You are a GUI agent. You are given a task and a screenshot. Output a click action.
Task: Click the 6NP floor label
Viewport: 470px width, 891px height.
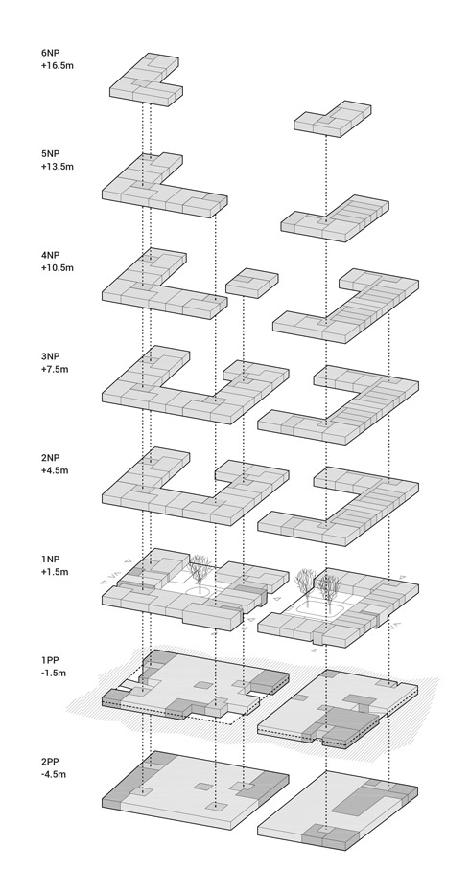click(x=50, y=53)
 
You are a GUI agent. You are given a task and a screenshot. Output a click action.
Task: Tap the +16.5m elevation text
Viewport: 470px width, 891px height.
click(x=57, y=65)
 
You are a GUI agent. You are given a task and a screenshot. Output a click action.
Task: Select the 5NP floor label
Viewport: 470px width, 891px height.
click(x=50, y=154)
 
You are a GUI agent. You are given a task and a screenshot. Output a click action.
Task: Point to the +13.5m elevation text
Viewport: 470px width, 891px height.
click(x=57, y=167)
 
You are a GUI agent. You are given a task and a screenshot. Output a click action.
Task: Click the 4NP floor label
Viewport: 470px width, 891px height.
click(x=50, y=255)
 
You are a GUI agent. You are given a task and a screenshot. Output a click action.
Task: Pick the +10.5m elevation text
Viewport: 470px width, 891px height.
click(x=57, y=267)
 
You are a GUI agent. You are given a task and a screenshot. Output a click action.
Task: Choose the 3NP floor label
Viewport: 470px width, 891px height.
click(x=50, y=356)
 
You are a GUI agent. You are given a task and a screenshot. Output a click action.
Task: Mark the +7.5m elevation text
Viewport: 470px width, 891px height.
click(x=55, y=369)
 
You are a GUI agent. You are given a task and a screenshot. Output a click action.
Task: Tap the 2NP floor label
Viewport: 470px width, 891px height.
click(x=50, y=458)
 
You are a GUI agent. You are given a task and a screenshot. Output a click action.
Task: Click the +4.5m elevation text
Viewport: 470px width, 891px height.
click(x=55, y=470)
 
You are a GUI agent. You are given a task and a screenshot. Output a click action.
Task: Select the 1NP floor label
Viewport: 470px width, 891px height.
click(x=50, y=560)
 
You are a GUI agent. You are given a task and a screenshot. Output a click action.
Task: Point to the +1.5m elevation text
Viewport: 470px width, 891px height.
click(x=55, y=572)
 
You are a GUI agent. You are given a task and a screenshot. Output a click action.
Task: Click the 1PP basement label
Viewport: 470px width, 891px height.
click(x=49, y=660)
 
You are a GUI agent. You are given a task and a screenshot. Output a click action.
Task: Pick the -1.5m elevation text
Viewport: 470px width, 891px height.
click(x=54, y=673)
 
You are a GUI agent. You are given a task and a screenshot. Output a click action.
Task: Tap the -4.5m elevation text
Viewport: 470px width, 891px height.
click(x=54, y=774)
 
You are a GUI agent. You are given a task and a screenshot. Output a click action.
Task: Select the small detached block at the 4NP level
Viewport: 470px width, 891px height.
click(x=252, y=283)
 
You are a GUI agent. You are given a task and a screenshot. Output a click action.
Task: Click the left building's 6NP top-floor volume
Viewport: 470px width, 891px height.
click(x=146, y=80)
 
